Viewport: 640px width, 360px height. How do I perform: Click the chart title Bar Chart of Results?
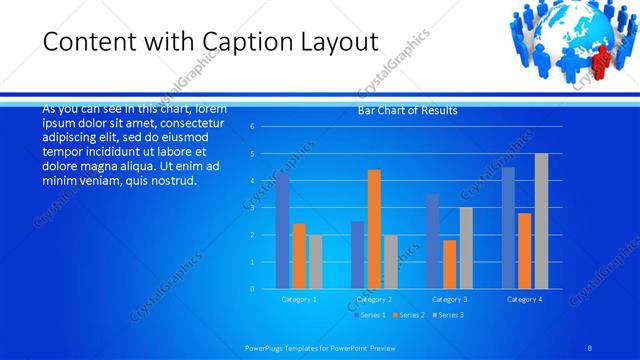(x=407, y=111)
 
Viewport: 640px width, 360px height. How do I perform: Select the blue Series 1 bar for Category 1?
(x=282, y=231)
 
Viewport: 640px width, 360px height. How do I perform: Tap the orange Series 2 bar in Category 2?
(x=374, y=229)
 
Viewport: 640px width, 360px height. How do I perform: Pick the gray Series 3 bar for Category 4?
(x=541, y=221)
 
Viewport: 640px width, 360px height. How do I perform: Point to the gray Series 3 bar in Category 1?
(x=315, y=262)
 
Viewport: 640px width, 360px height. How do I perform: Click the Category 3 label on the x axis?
(x=449, y=299)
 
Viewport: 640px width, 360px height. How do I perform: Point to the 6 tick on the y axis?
(x=253, y=126)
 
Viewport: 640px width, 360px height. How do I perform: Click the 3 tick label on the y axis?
(x=253, y=207)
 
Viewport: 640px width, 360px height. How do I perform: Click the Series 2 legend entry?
(x=409, y=315)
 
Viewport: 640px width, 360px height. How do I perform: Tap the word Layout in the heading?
(x=330, y=43)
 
